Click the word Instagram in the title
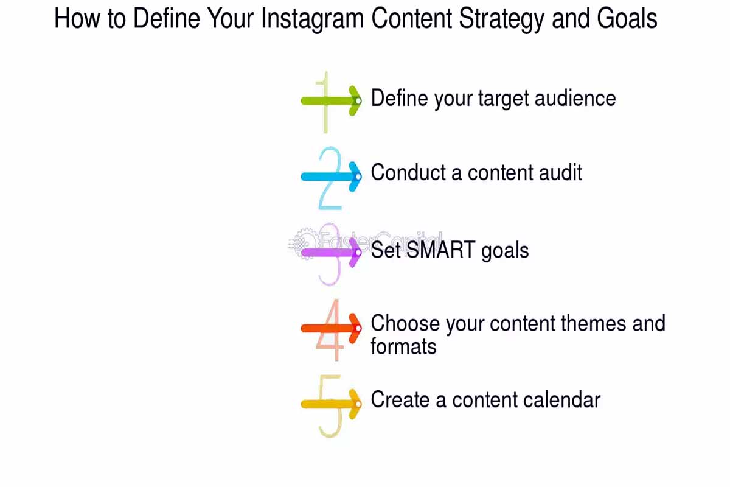click(313, 19)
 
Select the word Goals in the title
click(627, 19)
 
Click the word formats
click(403, 347)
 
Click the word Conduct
click(408, 173)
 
